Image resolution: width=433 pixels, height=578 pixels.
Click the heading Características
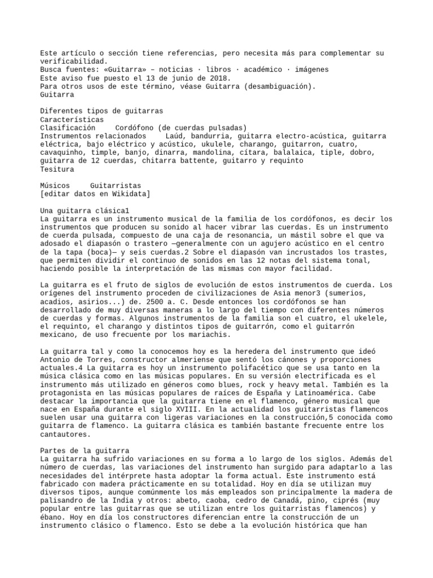pos(72,120)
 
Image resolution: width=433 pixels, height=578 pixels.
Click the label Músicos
pos(55,186)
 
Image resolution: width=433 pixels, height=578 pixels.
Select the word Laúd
pos(175,136)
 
